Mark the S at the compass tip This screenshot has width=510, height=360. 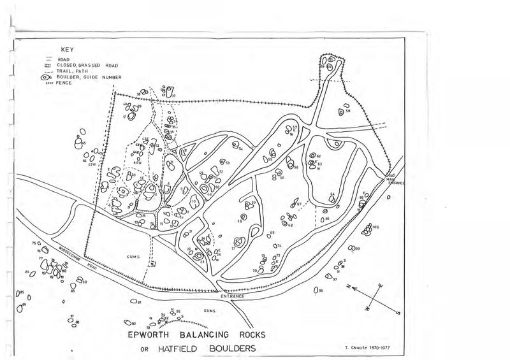[397, 312]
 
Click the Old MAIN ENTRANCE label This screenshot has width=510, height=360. [394, 180]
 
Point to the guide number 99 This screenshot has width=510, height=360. [358, 248]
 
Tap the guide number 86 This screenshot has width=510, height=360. [24, 305]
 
